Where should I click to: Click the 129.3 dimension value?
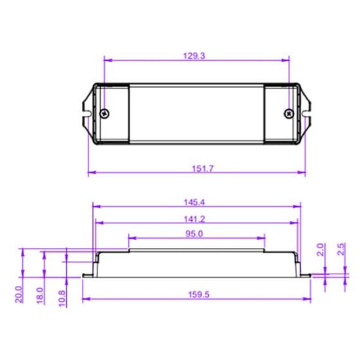pyautogui.click(x=196, y=57)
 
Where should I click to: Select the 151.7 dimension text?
pyautogui.click(x=196, y=168)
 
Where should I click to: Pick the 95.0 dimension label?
pyautogui.click(x=196, y=233)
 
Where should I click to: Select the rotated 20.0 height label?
pyautogui.click(x=19, y=295)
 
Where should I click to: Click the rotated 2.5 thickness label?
pyautogui.click(x=341, y=249)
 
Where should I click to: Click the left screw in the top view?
pyautogui.click(x=105, y=113)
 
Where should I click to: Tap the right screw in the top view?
pyautogui.click(x=288, y=113)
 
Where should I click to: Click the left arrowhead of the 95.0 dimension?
pyautogui.click(x=131, y=238)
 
